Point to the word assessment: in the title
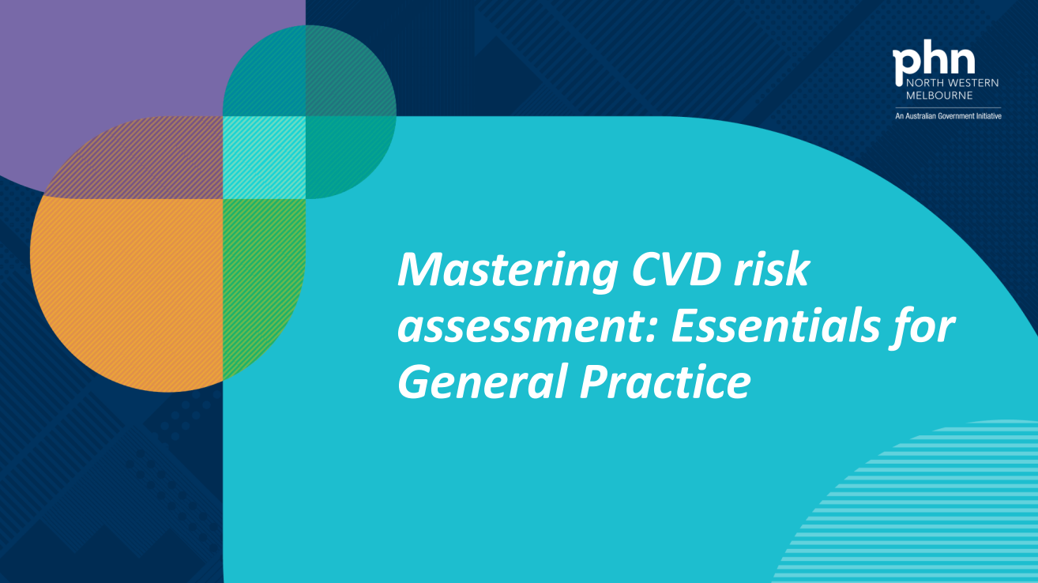click(525, 327)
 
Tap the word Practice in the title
click(664, 383)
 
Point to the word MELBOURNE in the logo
click(939, 95)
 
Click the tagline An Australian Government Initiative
click(948, 116)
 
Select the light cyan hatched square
click(264, 157)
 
